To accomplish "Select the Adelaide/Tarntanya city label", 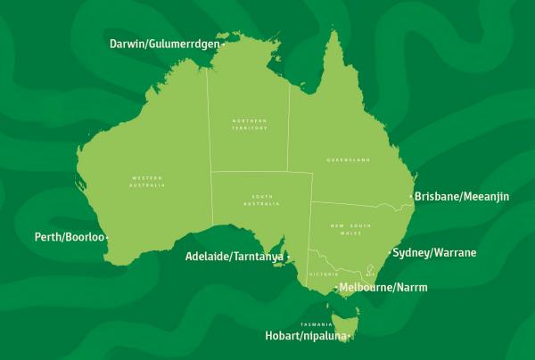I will (x=234, y=257).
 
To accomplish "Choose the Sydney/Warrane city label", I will (x=434, y=253).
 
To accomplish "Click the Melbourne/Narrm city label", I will (x=384, y=288).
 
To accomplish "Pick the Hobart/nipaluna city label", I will (x=303, y=337).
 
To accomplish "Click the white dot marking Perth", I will (x=108, y=238).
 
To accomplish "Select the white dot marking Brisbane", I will (x=410, y=196).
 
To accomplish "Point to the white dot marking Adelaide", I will (x=288, y=258).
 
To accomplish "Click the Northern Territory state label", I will (x=249, y=124).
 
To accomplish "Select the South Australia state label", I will (x=261, y=200).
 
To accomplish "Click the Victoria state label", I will (x=320, y=274).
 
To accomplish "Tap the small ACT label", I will (x=372, y=274).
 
